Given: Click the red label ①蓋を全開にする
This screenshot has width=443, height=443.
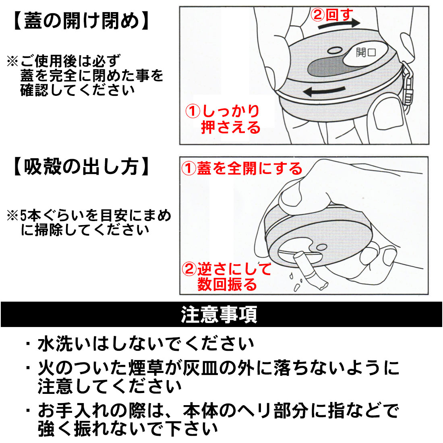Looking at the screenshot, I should pyautogui.click(x=242, y=168).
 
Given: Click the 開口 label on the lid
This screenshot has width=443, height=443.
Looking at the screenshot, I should pyautogui.click(x=365, y=52).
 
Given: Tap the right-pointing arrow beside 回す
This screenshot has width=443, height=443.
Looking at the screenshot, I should pyautogui.click(x=338, y=25).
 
